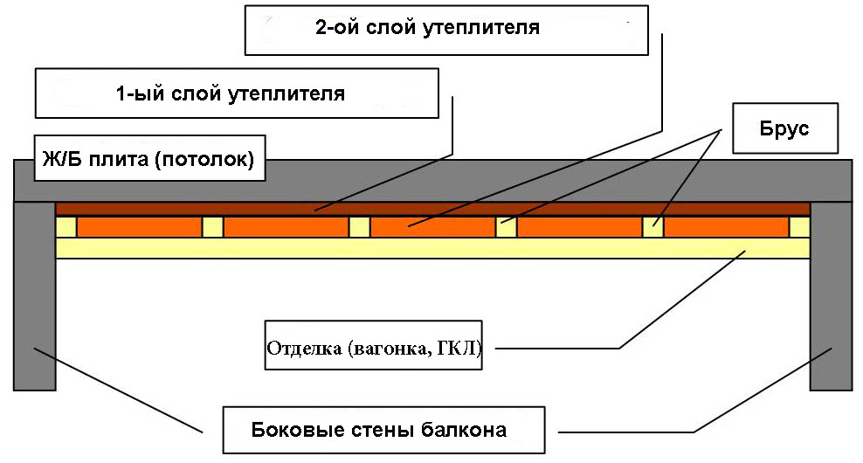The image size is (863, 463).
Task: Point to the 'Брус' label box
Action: pos(784,129)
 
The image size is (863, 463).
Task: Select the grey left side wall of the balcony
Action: pos(35,297)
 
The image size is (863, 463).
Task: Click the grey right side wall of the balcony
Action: pos(831,297)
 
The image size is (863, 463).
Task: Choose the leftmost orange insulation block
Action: pos(139,227)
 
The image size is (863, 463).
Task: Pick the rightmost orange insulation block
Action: pos(726,227)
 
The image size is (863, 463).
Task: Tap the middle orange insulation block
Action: pos(432,227)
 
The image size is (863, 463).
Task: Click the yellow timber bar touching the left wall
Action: pos(66,227)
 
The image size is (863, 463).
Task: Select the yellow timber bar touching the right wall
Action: pos(799,227)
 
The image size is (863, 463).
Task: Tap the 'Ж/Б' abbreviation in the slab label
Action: pos(61,161)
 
